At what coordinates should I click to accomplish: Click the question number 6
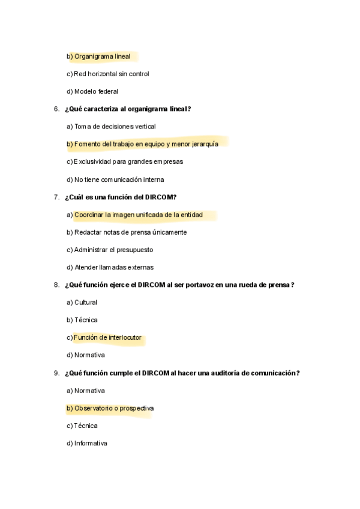coord(56,109)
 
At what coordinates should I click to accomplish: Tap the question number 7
coord(56,197)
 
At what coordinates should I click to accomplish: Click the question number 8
coord(56,285)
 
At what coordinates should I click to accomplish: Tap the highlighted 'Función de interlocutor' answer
coord(107,337)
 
